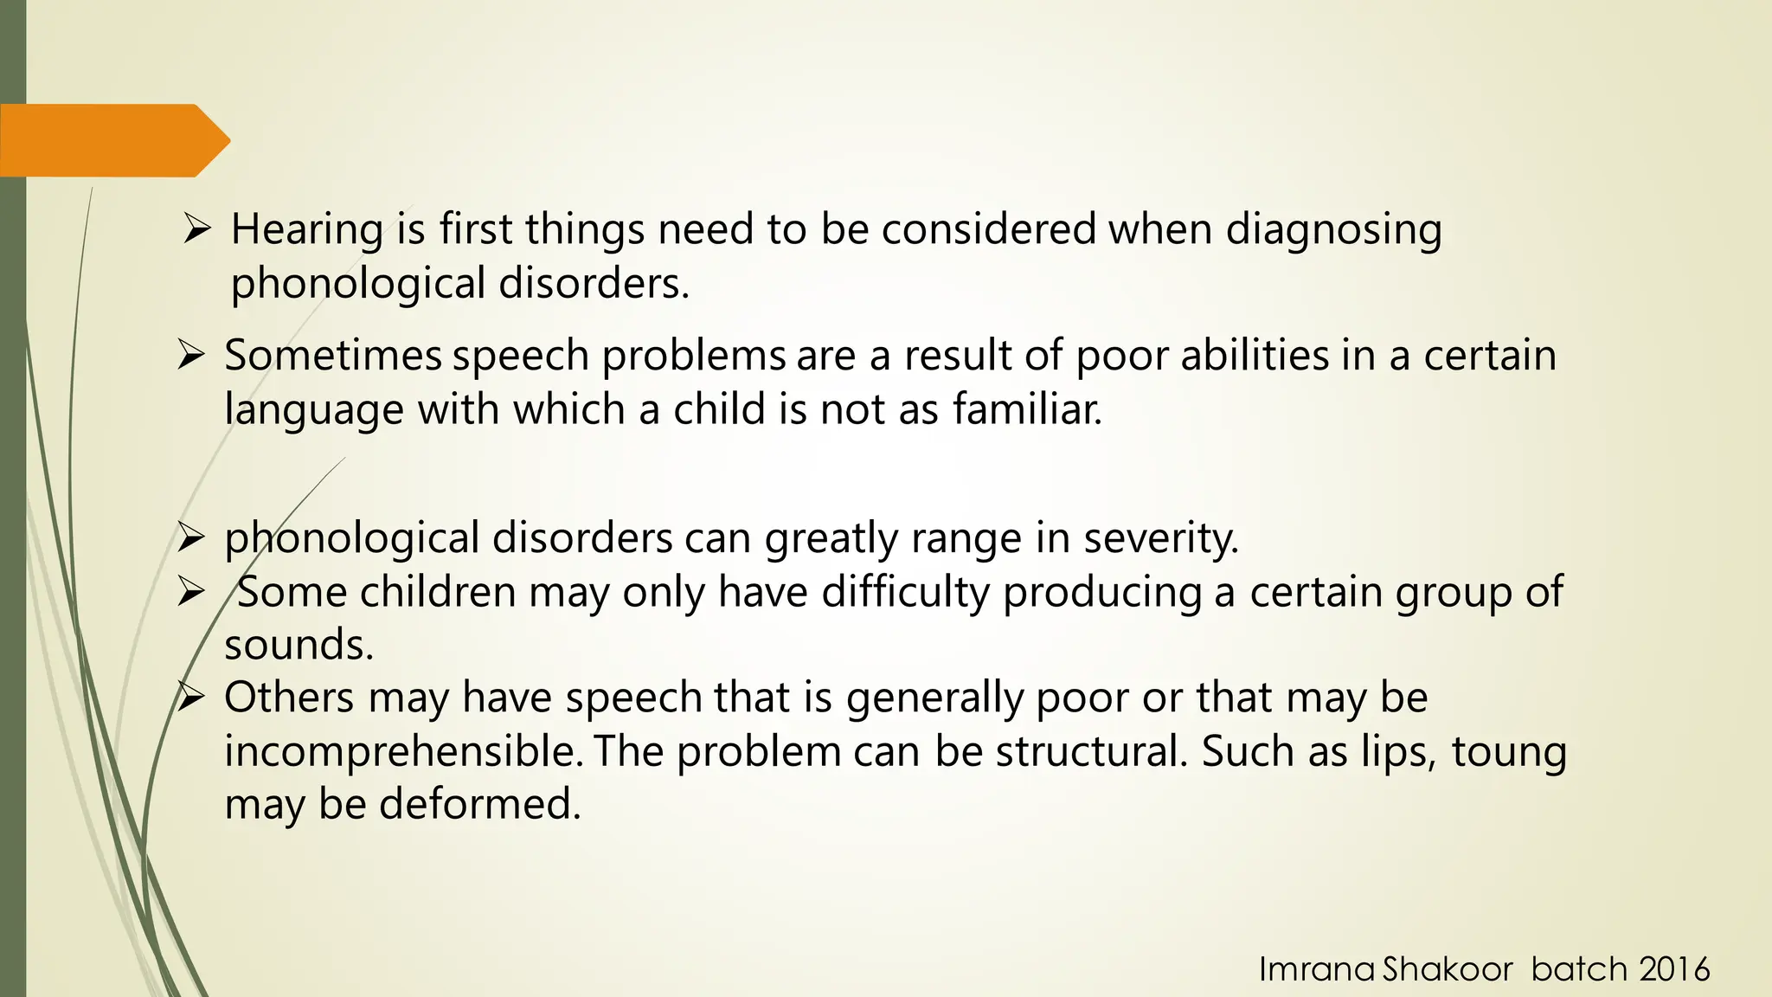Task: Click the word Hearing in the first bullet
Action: pyautogui.click(x=306, y=230)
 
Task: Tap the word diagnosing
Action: pyautogui.click(x=1333, y=230)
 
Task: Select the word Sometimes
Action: pyautogui.click(x=333, y=356)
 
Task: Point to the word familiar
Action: pyautogui.click(x=1027, y=409)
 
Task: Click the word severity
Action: pyautogui.click(x=1161, y=538)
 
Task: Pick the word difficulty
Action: pyautogui.click(x=905, y=593)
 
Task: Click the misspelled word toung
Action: pyautogui.click(x=1509, y=751)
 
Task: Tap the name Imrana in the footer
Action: pyautogui.click(x=1317, y=969)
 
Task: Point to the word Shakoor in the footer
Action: pyautogui.click(x=1448, y=969)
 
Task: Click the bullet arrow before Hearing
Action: pyautogui.click(x=197, y=229)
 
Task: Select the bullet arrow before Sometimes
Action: pyautogui.click(x=189, y=355)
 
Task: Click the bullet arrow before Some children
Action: pyautogui.click(x=189, y=592)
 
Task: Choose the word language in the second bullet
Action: pyautogui.click(x=313, y=409)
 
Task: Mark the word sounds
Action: pyautogui.click(x=299, y=645)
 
